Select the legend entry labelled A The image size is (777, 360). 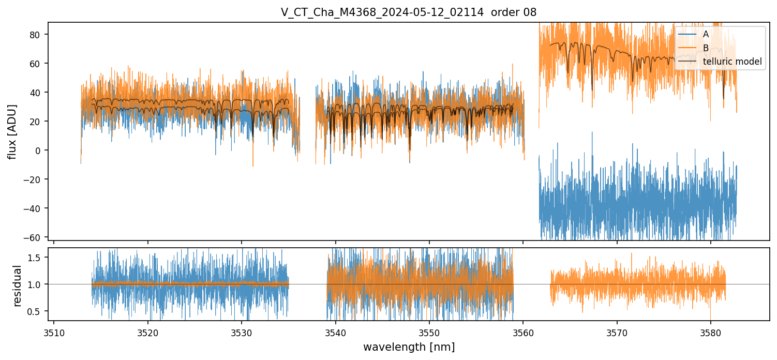(x=706, y=34)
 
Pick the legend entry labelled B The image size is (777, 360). (x=706, y=48)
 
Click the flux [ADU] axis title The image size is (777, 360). (x=12, y=131)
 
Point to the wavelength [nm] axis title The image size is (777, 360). (x=409, y=347)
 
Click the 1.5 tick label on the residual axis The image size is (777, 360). (x=38, y=258)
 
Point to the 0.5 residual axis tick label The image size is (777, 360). (x=38, y=311)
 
